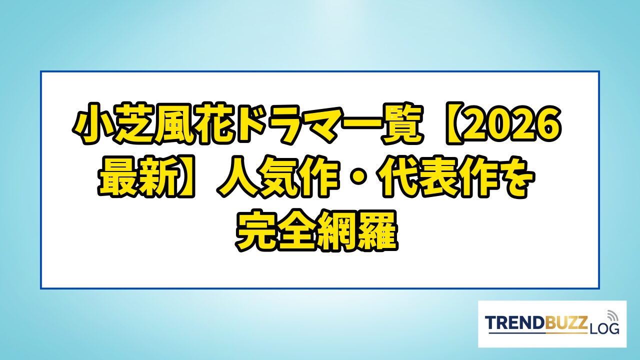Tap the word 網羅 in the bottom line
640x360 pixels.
(357, 231)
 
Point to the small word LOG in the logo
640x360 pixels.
(603, 329)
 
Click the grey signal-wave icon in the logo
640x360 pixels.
(611, 315)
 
